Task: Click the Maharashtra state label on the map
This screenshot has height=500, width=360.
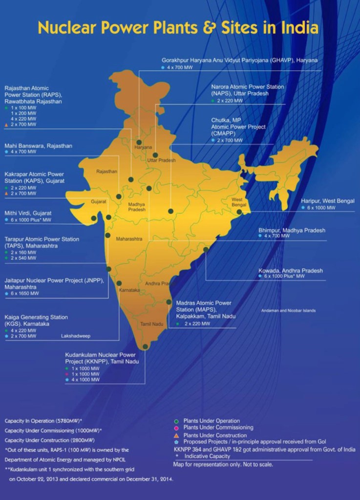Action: tap(129, 239)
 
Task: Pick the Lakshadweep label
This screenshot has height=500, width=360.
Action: tap(76, 336)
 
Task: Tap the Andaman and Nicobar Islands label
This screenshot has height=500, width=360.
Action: tap(288, 311)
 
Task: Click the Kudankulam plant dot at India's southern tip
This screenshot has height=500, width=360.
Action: tap(145, 347)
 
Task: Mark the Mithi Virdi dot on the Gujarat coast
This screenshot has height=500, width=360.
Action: tap(94, 218)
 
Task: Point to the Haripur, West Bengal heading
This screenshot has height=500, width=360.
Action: tap(327, 201)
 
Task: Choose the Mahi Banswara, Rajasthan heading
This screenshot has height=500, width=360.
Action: tap(38, 146)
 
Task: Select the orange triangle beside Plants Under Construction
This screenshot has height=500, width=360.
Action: tap(177, 435)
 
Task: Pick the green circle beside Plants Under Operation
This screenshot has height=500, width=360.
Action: tap(177, 421)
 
